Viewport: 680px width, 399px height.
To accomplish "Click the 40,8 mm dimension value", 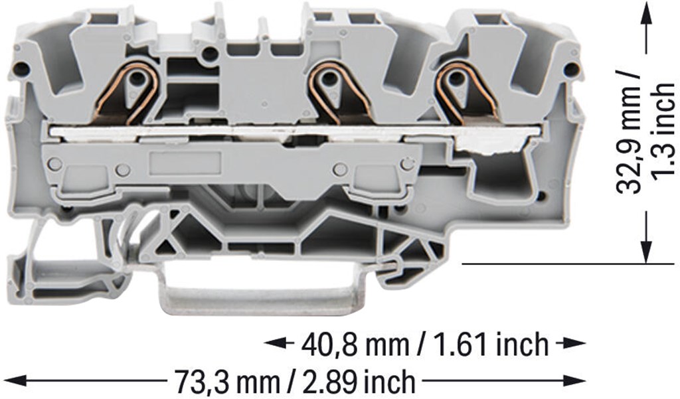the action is point(355,345).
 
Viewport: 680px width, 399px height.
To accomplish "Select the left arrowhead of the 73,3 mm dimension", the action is point(14,382).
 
